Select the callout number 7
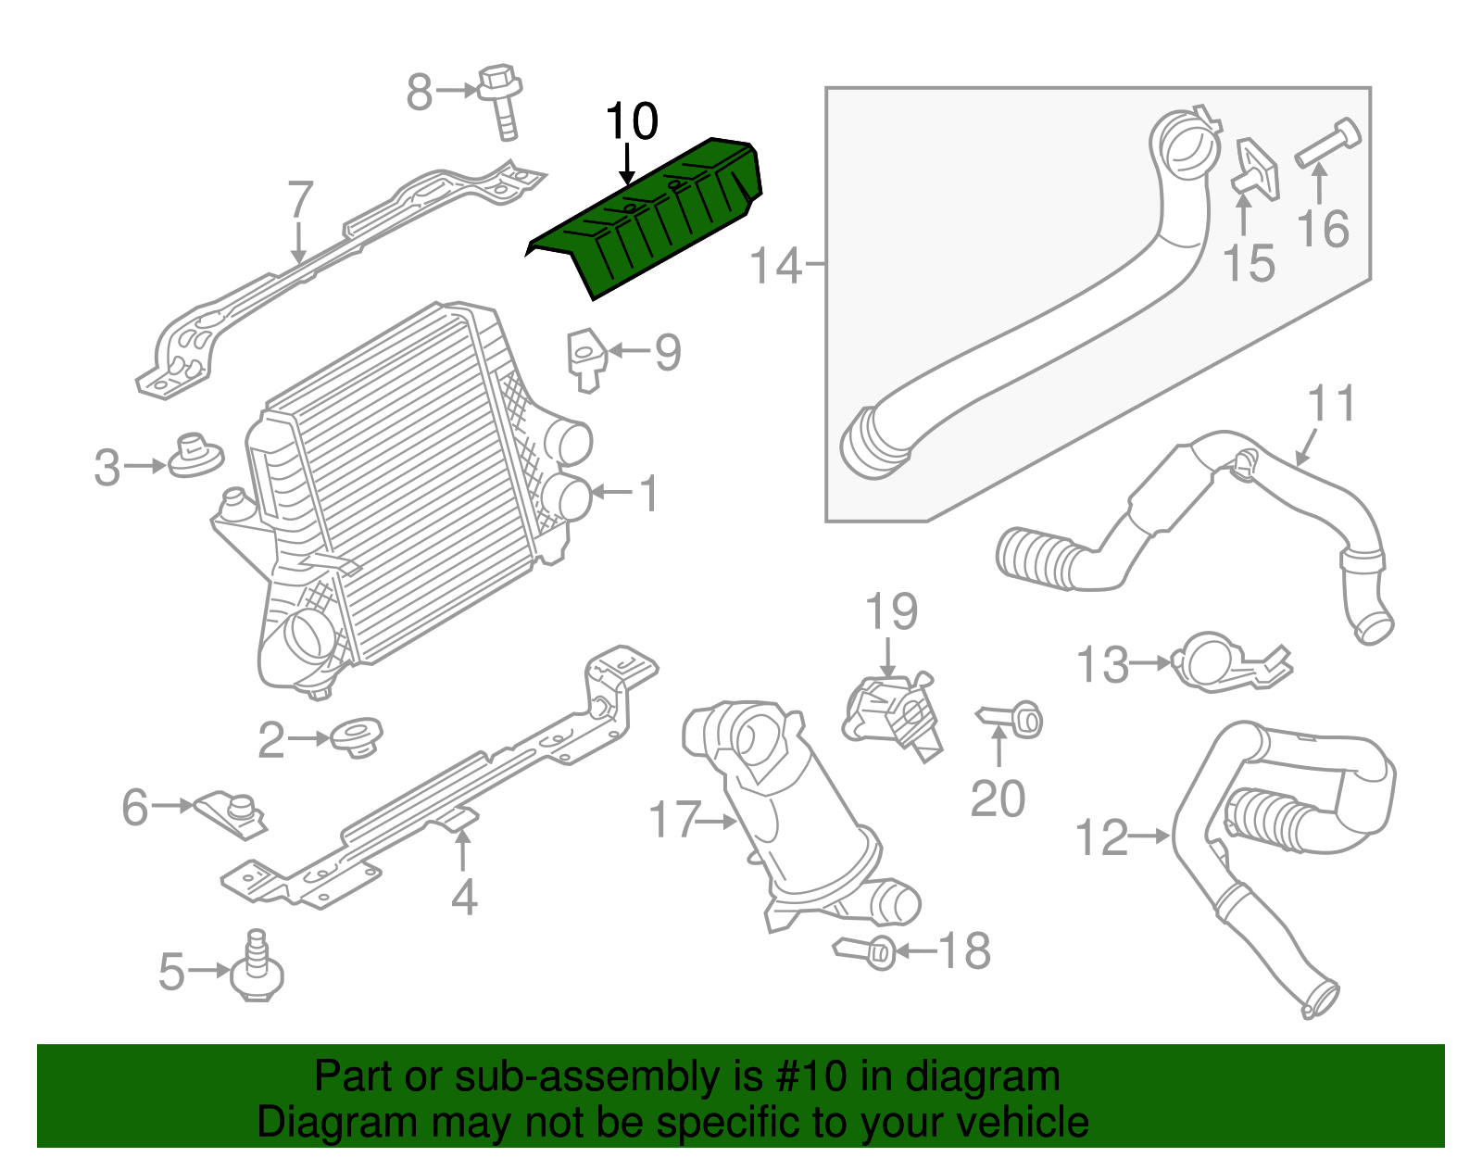click(x=300, y=199)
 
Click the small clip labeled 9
click(x=586, y=357)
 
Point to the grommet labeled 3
click(x=194, y=457)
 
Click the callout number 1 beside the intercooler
click(x=650, y=493)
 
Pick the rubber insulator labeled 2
click(x=357, y=737)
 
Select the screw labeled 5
click(x=258, y=969)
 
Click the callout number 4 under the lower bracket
click(x=463, y=897)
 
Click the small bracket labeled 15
click(x=1255, y=170)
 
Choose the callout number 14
click(x=774, y=266)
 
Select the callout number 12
click(x=1101, y=837)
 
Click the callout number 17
click(x=674, y=821)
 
